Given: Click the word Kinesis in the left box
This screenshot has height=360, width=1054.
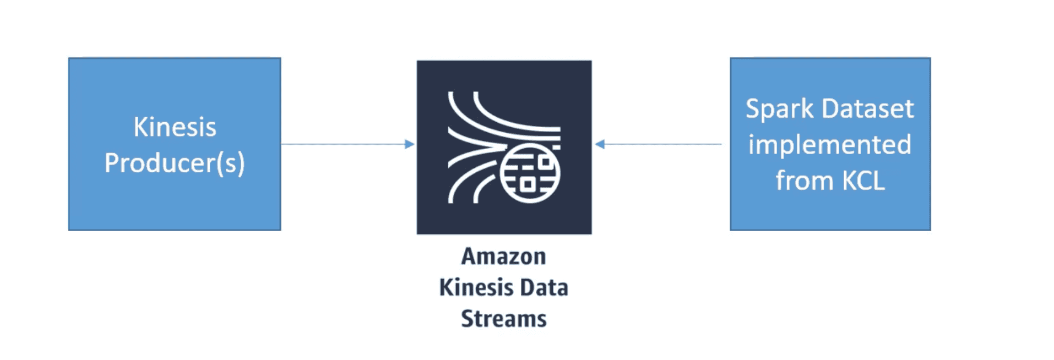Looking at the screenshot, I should point(175,127).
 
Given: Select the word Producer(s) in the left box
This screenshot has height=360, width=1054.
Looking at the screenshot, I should point(175,163).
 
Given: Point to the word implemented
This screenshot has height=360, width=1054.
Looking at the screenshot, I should point(829,145).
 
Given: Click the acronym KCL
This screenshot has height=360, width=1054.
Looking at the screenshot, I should point(863,181).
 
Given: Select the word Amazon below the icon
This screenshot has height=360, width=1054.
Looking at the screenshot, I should point(503,257).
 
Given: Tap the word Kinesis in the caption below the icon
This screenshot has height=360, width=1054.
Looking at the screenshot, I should point(473,288).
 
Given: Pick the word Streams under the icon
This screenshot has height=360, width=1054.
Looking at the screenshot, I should point(503,319).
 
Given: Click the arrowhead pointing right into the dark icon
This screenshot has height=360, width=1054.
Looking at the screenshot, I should point(410,144).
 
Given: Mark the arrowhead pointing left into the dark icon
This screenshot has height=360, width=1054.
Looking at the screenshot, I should point(600,144).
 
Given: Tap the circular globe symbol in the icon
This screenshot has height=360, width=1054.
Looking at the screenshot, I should point(530,173).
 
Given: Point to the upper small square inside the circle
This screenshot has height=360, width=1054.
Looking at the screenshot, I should point(545,162).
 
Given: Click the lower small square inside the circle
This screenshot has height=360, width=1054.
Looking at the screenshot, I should point(527,184).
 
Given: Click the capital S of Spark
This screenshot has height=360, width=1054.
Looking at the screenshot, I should point(753,109).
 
